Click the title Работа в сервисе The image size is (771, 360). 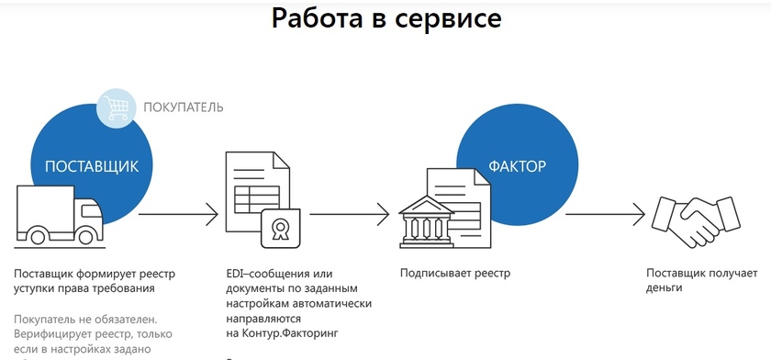pos(386,18)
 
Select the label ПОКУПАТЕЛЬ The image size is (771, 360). pos(183,107)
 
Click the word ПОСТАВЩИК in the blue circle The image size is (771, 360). pos(92,166)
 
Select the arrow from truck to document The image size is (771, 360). pos(178,216)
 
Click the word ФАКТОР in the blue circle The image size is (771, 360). pos(517,167)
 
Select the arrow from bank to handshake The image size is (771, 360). pos(602,216)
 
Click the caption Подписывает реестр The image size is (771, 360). pos(454,274)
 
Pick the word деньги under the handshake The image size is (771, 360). pos(665,287)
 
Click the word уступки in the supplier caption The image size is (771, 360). pos(35,287)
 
